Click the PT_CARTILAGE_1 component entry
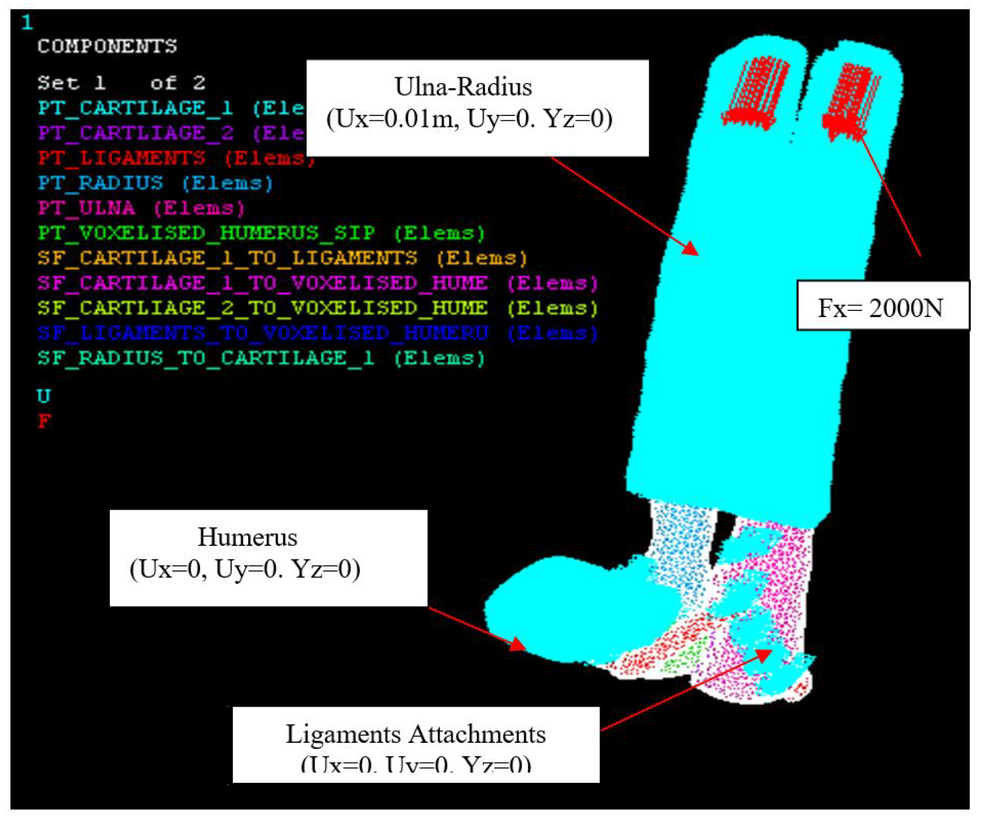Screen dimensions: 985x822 point(135,109)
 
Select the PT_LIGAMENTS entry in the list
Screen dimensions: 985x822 point(121,158)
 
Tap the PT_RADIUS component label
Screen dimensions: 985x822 point(101,183)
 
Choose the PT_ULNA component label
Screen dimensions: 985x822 point(86,208)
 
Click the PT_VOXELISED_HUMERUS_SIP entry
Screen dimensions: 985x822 point(206,233)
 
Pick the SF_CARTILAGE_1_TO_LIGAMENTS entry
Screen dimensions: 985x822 point(227,258)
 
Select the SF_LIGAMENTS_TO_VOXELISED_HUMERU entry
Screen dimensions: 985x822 point(262,333)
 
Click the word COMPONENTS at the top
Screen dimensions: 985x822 point(107,47)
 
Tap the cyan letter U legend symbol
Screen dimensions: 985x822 point(44,396)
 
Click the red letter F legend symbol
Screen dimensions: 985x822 point(44,421)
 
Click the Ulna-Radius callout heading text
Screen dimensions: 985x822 point(463,87)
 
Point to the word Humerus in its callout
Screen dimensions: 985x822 point(248,537)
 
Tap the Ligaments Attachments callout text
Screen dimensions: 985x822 point(416,734)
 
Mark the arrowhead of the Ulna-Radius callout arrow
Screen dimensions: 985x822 point(692,249)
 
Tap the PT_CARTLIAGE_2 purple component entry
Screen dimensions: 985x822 point(135,133)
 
